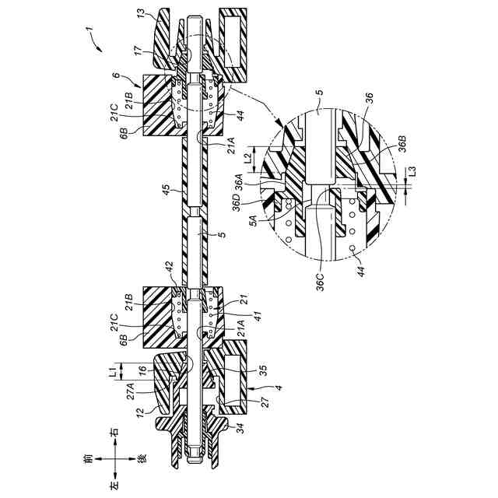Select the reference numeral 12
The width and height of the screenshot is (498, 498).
[142, 409]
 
